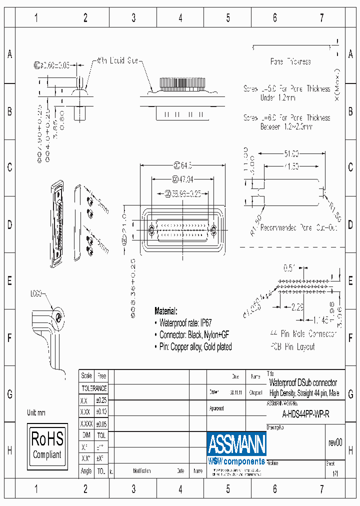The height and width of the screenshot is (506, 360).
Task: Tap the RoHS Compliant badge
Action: pyautogui.click(x=47, y=444)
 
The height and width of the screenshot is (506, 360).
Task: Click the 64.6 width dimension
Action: pyautogui.click(x=183, y=165)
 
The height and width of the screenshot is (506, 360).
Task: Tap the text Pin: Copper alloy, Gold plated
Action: pyautogui.click(x=195, y=346)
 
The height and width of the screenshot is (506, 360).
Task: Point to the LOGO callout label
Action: pyautogui.click(x=36, y=293)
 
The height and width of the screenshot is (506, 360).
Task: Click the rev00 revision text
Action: pyautogui.click(x=335, y=442)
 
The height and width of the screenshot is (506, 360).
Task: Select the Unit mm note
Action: pyautogui.click(x=36, y=412)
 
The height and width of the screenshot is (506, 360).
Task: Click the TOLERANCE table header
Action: pyautogui.click(x=94, y=388)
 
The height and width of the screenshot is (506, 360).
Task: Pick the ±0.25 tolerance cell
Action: pyautogui.click(x=101, y=400)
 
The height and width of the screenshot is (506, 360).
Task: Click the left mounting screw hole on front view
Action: pyautogui.click(x=152, y=230)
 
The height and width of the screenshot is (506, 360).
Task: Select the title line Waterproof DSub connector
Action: pyautogui.click(x=303, y=382)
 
